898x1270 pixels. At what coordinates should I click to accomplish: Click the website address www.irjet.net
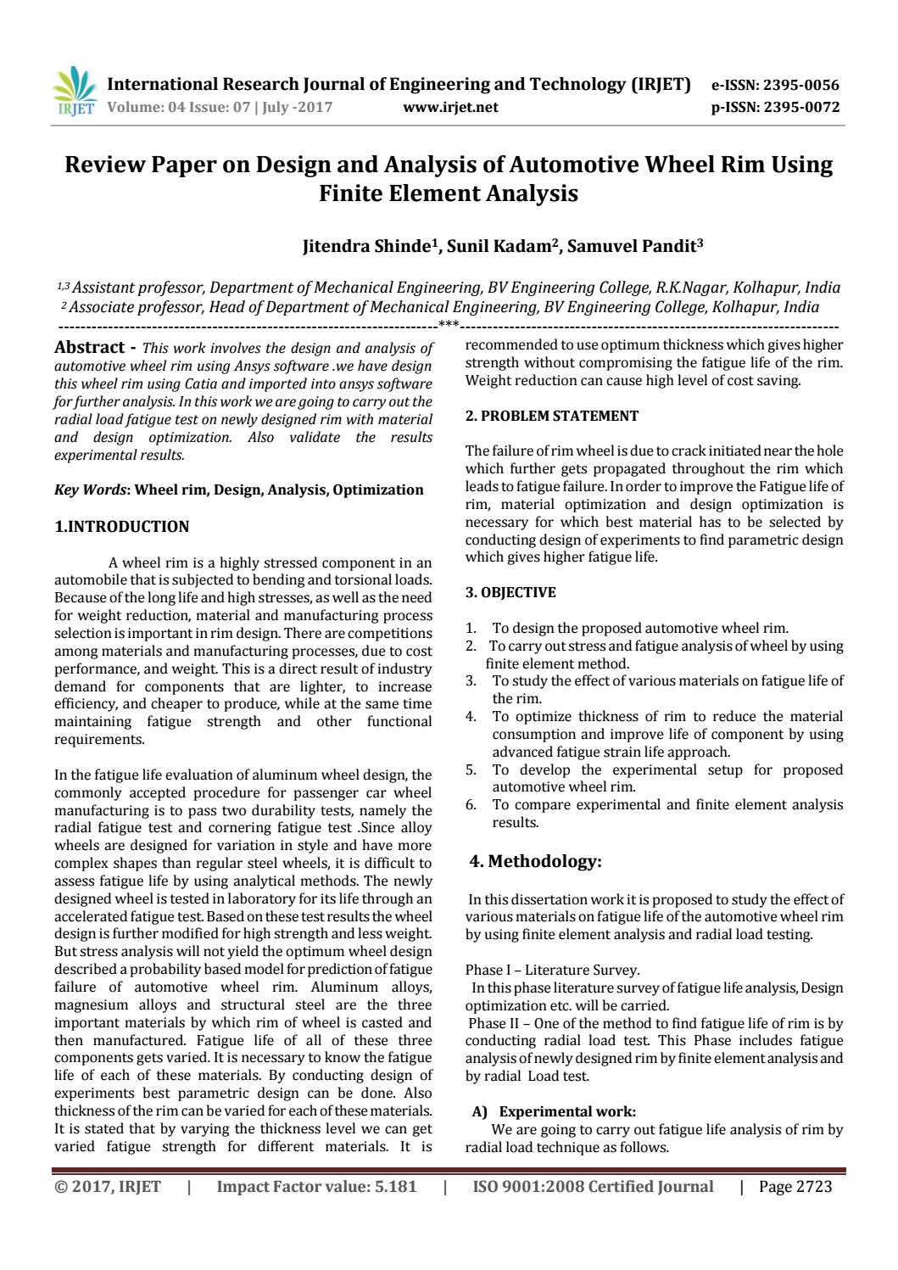coord(450,108)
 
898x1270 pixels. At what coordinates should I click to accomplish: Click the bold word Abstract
coord(89,347)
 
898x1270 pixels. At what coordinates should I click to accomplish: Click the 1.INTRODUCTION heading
coord(122,527)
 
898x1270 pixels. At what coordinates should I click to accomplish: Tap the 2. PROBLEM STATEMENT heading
coord(552,416)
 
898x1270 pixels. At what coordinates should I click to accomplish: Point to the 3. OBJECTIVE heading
coord(510,592)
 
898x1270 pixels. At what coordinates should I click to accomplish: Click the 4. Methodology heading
coord(536,862)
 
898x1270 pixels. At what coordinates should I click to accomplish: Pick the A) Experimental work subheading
coord(560,1111)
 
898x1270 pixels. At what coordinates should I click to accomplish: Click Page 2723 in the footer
coord(795,1187)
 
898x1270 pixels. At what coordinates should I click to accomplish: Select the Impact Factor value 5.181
coord(316,1187)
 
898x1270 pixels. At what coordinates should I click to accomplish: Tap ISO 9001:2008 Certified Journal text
coord(593,1187)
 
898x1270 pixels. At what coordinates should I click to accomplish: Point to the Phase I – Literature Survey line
coord(553,970)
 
